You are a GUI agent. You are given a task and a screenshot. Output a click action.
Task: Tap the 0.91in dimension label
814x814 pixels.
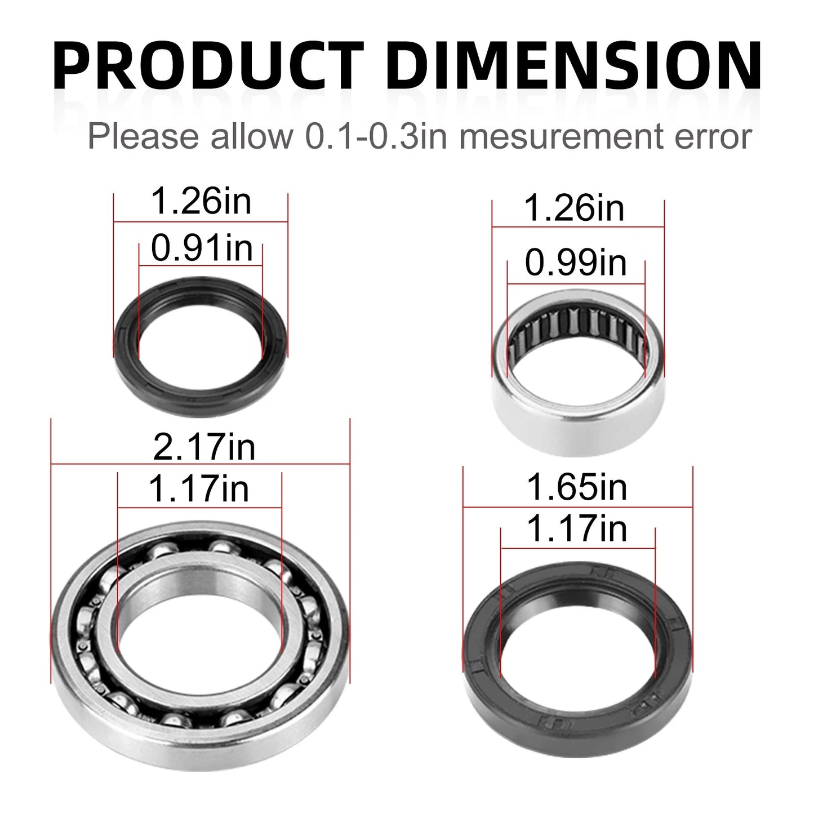coord(201,248)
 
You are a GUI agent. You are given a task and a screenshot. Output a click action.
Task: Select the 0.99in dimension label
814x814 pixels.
coord(576,263)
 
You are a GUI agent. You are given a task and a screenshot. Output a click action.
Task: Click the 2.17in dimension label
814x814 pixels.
coord(204,448)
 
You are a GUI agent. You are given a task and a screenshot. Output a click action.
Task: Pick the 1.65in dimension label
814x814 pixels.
coord(577,488)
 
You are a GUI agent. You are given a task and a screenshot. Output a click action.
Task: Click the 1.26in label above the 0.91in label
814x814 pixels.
coord(201,203)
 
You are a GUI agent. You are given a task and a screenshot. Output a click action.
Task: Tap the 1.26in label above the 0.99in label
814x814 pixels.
coord(575,209)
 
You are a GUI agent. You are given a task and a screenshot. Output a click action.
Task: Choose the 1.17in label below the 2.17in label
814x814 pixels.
coord(199,490)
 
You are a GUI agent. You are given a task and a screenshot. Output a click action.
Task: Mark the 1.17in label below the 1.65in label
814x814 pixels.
coord(577,530)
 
